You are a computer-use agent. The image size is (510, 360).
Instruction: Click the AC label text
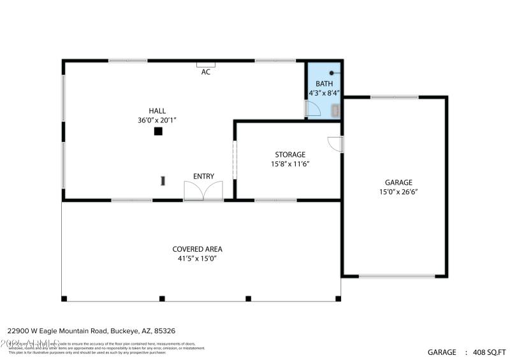pyautogui.click(x=205, y=72)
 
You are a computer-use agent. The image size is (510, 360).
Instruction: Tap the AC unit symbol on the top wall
pyautogui.click(x=205, y=64)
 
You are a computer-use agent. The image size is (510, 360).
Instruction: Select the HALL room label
pyautogui.click(x=157, y=111)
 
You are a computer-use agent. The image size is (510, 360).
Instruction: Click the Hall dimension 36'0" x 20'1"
pyautogui.click(x=157, y=120)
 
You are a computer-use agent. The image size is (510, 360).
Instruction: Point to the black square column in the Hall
pyautogui.click(x=158, y=131)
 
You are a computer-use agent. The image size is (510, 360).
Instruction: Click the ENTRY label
pyautogui.click(x=204, y=176)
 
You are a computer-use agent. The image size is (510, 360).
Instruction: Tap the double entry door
pyautogui.click(x=203, y=191)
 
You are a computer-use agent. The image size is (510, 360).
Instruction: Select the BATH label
pyautogui.click(x=324, y=83)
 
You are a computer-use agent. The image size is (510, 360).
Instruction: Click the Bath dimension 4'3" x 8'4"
pyautogui.click(x=324, y=93)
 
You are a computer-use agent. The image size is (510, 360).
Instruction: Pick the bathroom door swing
pyautogui.click(x=313, y=109)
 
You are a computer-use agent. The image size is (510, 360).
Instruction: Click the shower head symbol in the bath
pyautogui.click(x=331, y=73)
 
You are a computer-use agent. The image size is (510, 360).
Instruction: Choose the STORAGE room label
pyautogui.click(x=290, y=155)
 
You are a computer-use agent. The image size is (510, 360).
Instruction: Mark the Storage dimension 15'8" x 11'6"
pyautogui.click(x=290, y=164)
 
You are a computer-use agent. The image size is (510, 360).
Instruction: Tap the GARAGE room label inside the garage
pyautogui.click(x=398, y=182)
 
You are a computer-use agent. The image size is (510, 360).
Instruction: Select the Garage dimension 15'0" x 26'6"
pyautogui.click(x=398, y=191)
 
